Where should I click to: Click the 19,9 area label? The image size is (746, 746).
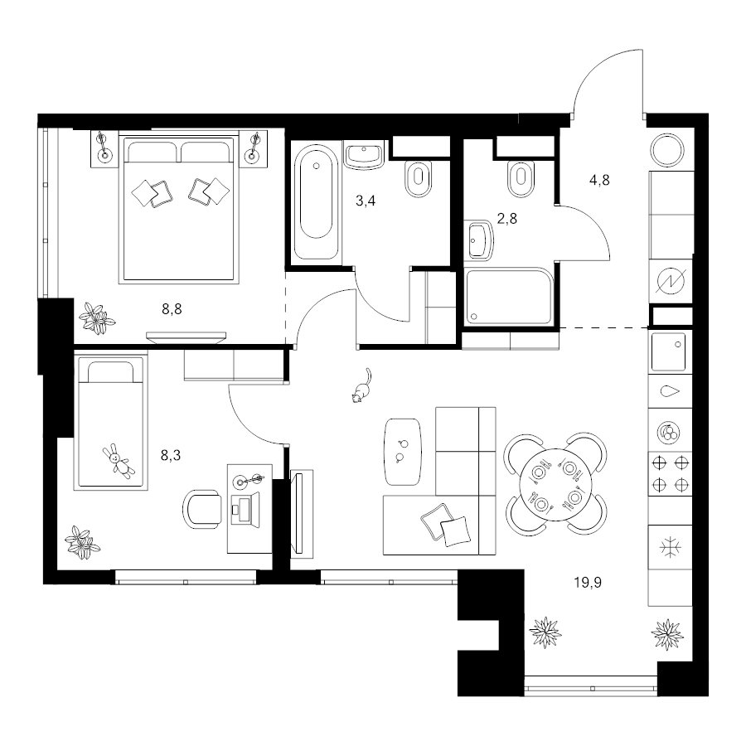coord(588,583)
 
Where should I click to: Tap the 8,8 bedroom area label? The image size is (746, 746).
coord(172,310)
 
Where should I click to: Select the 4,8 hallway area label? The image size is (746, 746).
coord(599,181)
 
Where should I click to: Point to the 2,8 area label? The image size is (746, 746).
coord(506,218)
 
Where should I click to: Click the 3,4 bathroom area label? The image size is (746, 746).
coord(366,201)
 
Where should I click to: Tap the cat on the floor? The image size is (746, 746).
coord(361,385)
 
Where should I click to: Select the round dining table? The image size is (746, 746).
coord(555,484)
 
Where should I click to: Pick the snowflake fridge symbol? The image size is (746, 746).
coord(670,548)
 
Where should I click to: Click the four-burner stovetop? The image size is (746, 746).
coord(670,474)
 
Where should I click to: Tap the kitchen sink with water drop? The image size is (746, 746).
coord(670,391)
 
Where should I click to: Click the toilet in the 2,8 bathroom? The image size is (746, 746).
coord(521,178)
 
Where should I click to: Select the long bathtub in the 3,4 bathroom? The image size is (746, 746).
coord(316,201)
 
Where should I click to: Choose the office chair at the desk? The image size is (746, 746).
coord(202,509)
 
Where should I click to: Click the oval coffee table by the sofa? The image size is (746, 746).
coord(403,452)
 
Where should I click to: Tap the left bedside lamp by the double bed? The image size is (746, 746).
coord(104,148)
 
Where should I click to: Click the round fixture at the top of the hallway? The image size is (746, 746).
coord(668,150)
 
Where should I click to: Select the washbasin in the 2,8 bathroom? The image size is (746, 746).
coord(481,240)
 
